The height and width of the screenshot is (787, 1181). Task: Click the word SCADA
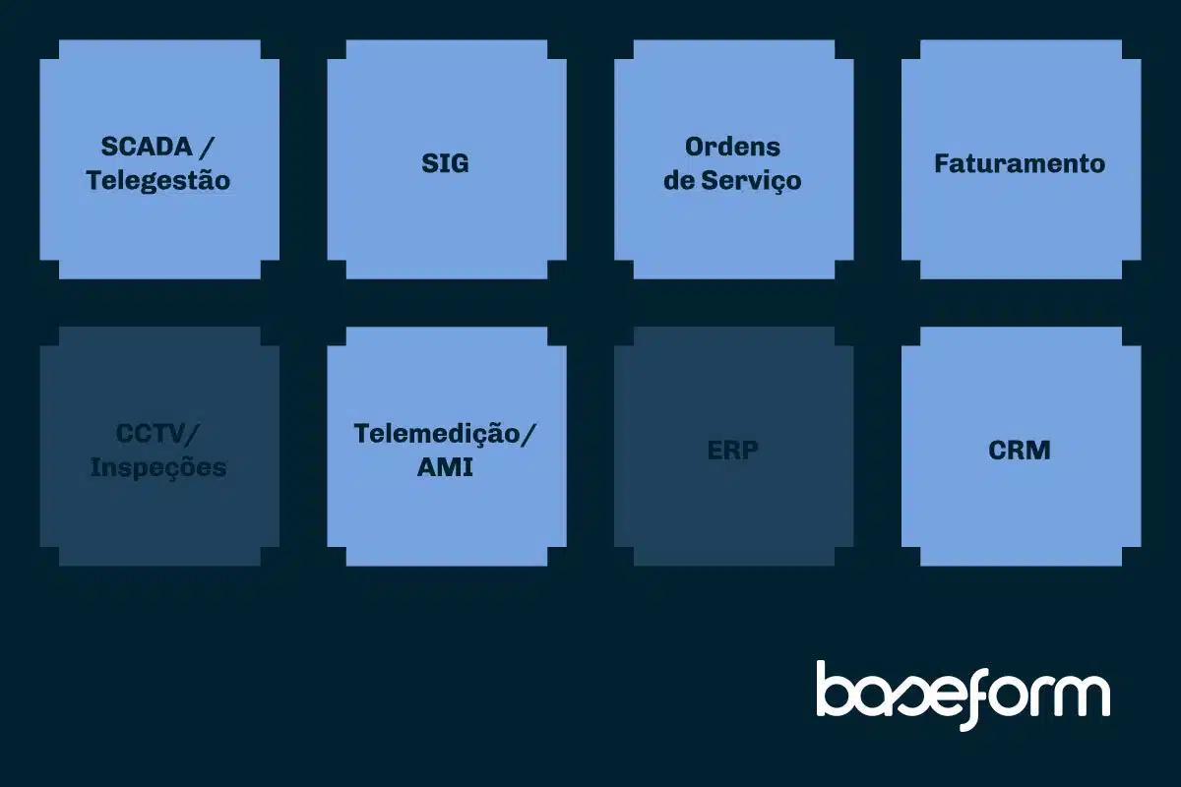tap(147, 147)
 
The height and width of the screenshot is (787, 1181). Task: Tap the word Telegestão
tap(158, 181)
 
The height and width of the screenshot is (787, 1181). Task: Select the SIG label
tap(445, 163)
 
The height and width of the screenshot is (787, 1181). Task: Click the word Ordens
tap(732, 147)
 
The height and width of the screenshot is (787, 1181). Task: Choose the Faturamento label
tap(1020, 163)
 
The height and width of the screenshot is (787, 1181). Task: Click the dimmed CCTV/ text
tap(157, 434)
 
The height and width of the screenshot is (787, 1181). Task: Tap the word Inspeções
tap(158, 468)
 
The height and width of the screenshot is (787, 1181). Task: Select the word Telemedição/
tap(445, 434)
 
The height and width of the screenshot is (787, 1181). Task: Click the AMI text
tap(445, 467)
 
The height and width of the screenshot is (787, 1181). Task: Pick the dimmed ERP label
tap(732, 451)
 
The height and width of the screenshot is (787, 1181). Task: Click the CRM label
tap(1020, 451)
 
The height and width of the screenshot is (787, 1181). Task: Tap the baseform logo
tap(963, 696)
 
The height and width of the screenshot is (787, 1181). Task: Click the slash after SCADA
tap(207, 147)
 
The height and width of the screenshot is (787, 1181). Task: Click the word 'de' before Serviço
tap(678, 181)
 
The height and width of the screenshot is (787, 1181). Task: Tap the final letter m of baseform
tap(1080, 696)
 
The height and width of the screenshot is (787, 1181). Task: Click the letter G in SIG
tap(459, 163)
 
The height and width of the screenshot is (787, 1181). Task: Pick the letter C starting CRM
tap(998, 451)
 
